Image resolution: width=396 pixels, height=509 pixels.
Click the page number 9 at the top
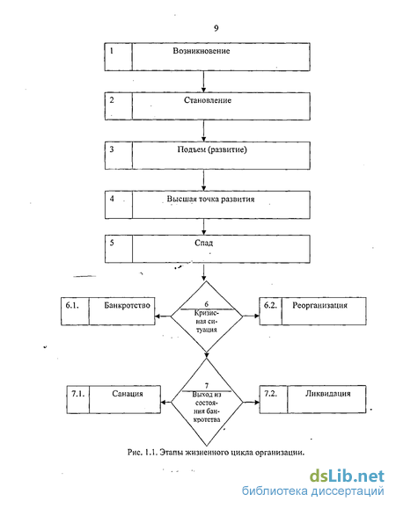(x=216, y=28)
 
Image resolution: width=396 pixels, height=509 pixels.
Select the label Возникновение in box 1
(x=202, y=51)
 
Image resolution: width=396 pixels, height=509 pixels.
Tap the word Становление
(x=208, y=100)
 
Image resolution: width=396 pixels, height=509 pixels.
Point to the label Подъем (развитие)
(x=212, y=149)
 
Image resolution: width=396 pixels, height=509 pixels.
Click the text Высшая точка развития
(x=210, y=199)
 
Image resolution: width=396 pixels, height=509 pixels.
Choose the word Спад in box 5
(x=203, y=243)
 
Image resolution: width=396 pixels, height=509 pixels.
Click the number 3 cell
(x=119, y=156)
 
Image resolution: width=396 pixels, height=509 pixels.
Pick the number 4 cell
(x=119, y=205)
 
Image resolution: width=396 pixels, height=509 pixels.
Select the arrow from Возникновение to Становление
(x=203, y=82)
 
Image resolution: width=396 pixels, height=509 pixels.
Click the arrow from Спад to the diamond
(x=203, y=273)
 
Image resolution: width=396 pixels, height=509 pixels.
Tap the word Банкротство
(x=127, y=305)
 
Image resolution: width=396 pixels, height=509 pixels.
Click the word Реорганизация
(x=319, y=305)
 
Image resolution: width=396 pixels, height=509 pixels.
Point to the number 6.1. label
(x=72, y=305)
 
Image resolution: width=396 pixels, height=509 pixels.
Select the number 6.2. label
(x=270, y=305)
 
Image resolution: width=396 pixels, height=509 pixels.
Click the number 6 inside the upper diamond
(x=207, y=304)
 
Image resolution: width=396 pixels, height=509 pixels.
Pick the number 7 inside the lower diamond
(x=207, y=386)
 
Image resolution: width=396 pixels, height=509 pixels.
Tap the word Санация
(x=128, y=394)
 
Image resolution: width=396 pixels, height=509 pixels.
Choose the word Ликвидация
(x=327, y=394)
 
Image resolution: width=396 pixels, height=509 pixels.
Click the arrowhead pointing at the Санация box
(x=164, y=403)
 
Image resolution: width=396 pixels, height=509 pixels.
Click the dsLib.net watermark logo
(x=347, y=476)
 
